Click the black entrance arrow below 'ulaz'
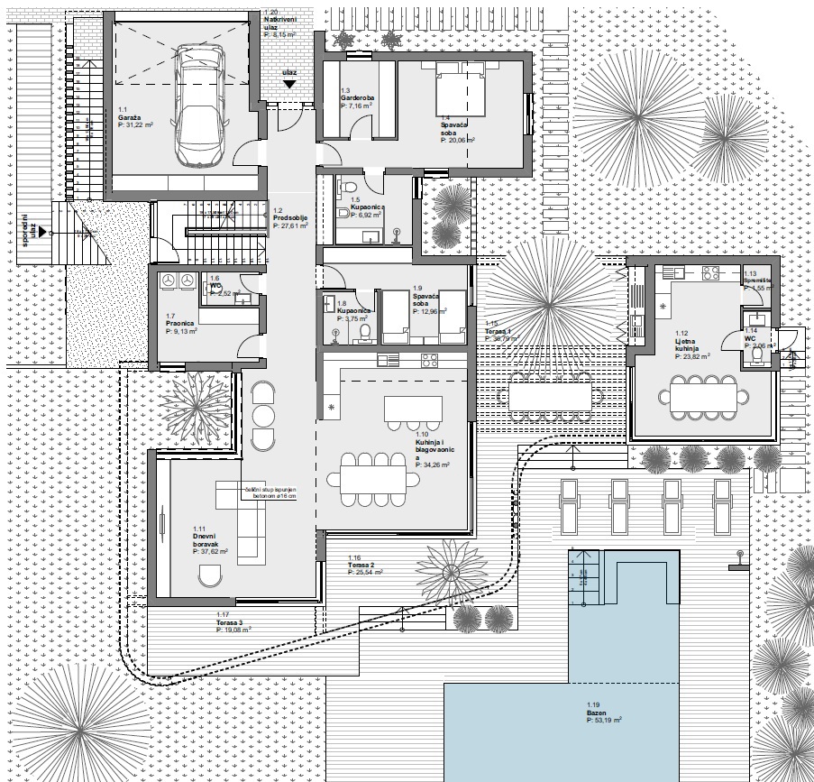point(288,83)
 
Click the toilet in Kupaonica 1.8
point(365,334)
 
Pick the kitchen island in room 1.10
point(413,409)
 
